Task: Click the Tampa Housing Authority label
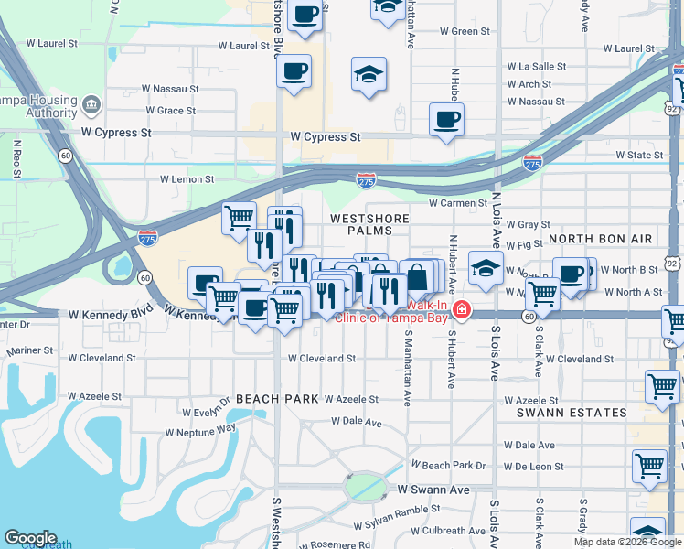pyautogui.click(x=41, y=105)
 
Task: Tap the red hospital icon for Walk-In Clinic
pyautogui.click(x=462, y=310)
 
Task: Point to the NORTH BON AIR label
pyautogui.click(x=601, y=239)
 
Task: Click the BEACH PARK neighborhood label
pyautogui.click(x=276, y=399)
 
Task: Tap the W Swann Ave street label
pyautogui.click(x=433, y=490)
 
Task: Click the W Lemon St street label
pyautogui.click(x=187, y=180)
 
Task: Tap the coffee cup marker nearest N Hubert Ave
pyautogui.click(x=446, y=120)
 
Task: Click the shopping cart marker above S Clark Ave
pyautogui.click(x=543, y=294)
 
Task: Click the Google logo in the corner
pyautogui.click(x=30, y=538)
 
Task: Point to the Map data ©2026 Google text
pyautogui.click(x=627, y=542)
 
